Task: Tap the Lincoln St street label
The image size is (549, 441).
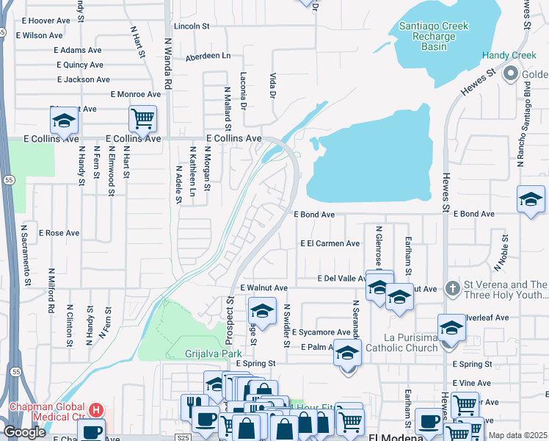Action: [x=192, y=26]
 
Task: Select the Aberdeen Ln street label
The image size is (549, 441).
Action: [x=208, y=56]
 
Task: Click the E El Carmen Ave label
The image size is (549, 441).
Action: [x=330, y=243]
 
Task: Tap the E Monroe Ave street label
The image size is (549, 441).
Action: [x=136, y=94]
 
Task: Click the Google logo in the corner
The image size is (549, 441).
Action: [x=24, y=432]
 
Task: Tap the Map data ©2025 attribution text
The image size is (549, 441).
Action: [x=517, y=435]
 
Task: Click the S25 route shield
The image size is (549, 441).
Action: [x=183, y=437]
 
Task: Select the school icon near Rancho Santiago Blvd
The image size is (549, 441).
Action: [x=531, y=199]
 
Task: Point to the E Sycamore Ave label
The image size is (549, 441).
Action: [x=321, y=332]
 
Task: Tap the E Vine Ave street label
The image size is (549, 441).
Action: [x=472, y=383]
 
